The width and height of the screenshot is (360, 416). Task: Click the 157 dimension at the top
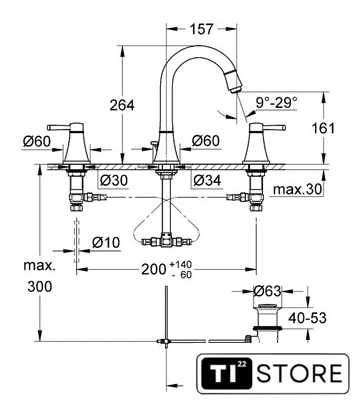201,29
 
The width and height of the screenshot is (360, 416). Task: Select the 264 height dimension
122,105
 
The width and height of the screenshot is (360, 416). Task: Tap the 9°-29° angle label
276,102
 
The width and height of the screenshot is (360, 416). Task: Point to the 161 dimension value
323,128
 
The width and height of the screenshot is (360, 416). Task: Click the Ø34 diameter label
207,180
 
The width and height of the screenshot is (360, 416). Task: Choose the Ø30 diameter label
114,180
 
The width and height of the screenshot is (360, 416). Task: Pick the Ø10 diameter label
106,242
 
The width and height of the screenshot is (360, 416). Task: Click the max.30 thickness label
298,189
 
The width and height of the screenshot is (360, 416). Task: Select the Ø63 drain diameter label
267,291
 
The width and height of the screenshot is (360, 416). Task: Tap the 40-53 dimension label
307,318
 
